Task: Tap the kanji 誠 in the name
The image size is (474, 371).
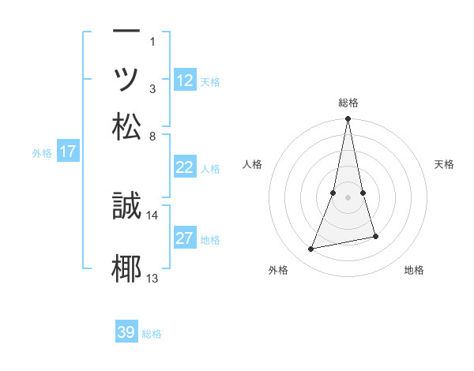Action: click(126, 207)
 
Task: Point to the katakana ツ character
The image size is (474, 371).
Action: click(126, 80)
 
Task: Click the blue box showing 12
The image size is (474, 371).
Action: click(185, 81)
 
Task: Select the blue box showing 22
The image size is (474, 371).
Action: click(185, 167)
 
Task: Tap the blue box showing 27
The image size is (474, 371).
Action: click(185, 239)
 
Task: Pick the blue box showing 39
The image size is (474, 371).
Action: click(126, 332)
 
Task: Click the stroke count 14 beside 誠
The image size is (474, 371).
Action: click(152, 215)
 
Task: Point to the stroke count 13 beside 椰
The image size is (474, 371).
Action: click(152, 277)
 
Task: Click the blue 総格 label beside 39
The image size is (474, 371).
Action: click(152, 334)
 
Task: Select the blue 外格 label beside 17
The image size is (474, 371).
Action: click(42, 153)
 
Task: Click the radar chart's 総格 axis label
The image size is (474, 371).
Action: click(348, 103)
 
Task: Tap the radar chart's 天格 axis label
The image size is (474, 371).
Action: click(445, 164)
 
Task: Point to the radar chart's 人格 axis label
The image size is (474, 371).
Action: click(252, 164)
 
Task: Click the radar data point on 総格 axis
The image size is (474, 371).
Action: click(348, 119)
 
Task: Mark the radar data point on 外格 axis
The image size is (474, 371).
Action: click(311, 249)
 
